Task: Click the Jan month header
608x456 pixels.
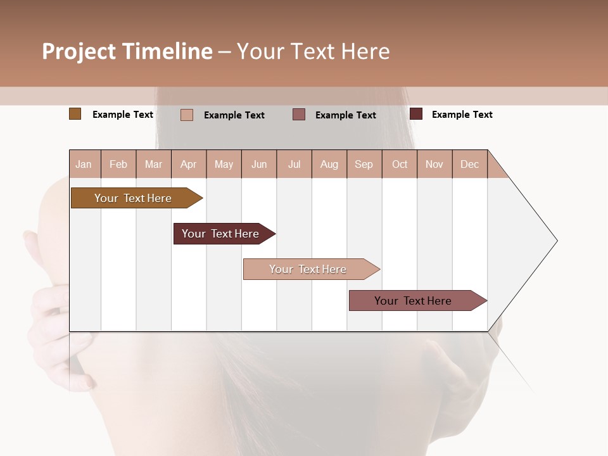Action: [x=84, y=164]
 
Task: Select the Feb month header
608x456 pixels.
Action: [x=118, y=164]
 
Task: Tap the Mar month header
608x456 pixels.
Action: [x=153, y=164]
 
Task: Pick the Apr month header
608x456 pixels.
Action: [x=189, y=164]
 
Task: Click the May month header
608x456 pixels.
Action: [x=224, y=164]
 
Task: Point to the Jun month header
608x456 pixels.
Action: [x=259, y=164]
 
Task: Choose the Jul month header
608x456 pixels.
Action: [x=294, y=164]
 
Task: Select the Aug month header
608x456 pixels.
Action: [x=329, y=164]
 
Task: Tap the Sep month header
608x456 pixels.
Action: [x=364, y=164]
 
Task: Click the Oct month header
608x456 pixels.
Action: [x=400, y=164]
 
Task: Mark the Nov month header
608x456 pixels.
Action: [x=434, y=164]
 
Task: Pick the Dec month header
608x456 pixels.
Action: [x=470, y=164]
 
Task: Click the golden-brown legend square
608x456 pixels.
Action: [x=75, y=114]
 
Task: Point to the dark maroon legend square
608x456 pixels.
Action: [x=416, y=114]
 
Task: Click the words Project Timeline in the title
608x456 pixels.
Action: [x=127, y=51]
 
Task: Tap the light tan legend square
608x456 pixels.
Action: [x=187, y=115]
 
